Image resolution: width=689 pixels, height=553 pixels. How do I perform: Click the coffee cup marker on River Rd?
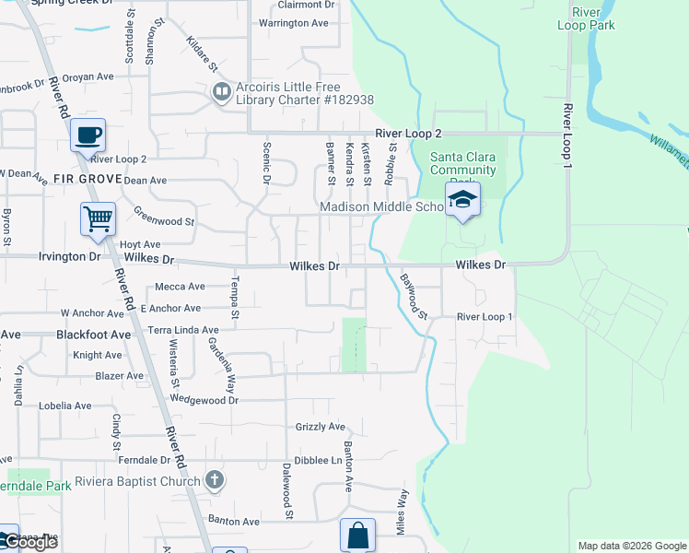click(88, 135)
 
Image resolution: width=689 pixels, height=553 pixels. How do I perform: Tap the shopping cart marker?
click(98, 219)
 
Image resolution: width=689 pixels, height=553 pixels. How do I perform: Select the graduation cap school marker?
click(463, 200)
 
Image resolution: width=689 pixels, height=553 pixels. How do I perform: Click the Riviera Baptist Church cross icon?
click(214, 480)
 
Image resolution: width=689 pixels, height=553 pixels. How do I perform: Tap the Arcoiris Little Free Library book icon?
click(221, 92)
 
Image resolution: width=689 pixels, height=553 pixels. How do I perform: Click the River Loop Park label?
click(586, 18)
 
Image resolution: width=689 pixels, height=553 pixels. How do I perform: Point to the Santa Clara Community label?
click(462, 163)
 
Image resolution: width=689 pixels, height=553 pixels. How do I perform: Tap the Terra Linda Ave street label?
click(183, 329)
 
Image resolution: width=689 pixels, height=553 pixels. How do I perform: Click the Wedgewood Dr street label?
click(204, 399)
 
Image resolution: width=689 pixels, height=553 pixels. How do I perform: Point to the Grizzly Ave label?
click(320, 427)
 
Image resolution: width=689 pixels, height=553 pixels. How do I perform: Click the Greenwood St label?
click(164, 221)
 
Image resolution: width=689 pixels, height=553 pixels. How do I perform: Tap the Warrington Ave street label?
click(294, 22)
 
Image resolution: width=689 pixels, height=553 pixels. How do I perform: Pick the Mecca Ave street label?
click(180, 287)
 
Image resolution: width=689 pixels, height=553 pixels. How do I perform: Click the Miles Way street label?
click(403, 512)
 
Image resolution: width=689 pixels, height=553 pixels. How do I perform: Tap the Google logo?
click(29, 543)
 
